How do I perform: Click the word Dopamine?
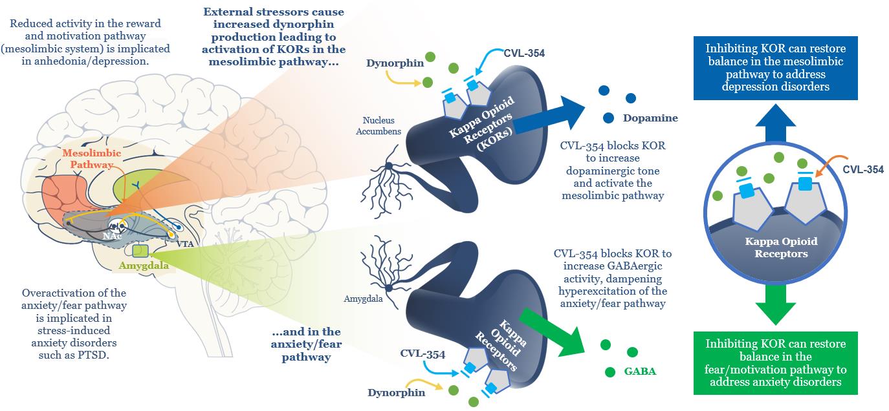coord(650,118)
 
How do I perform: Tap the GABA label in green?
coord(640,372)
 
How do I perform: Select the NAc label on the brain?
coord(111,237)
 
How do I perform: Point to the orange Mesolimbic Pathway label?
coord(87,159)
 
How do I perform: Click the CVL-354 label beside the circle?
coord(863,170)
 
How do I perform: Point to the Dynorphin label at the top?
coord(386,63)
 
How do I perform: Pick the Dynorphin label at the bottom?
coord(397,392)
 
